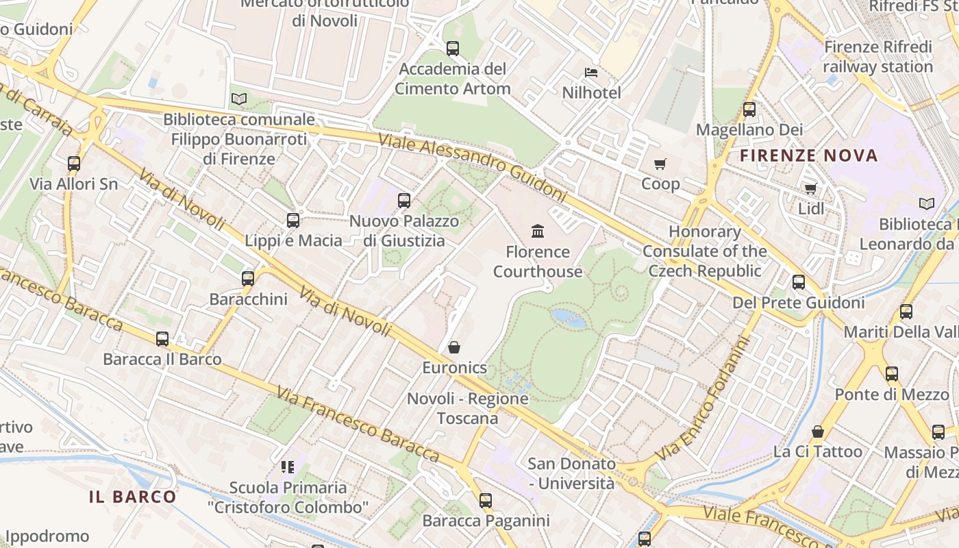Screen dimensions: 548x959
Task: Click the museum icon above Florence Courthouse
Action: coord(538,232)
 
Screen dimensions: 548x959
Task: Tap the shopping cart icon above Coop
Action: coord(660,164)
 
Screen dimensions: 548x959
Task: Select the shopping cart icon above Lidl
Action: coord(811,188)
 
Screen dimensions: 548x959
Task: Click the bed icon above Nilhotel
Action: coord(591,73)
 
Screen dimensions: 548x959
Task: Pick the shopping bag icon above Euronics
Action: coord(454,348)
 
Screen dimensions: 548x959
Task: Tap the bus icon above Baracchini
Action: coord(248,279)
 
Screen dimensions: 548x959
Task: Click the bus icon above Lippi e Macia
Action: coord(293,221)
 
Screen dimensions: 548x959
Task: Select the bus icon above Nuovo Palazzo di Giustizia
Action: coord(404,201)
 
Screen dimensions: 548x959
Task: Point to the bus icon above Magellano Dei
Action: coord(749,110)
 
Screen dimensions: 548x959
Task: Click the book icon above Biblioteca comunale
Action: coord(238,99)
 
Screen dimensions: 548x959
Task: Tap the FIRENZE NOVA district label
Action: coord(808,155)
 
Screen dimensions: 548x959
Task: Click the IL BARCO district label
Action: coord(133,497)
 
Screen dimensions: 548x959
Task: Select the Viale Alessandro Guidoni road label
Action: coord(473,166)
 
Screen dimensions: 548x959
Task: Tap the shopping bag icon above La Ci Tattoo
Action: coord(818,432)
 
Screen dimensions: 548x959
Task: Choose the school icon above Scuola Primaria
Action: coord(288,467)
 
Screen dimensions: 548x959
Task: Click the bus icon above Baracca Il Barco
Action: coord(162,339)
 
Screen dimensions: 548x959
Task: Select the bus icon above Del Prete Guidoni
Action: coord(799,282)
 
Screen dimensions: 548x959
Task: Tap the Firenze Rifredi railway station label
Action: coord(877,57)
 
